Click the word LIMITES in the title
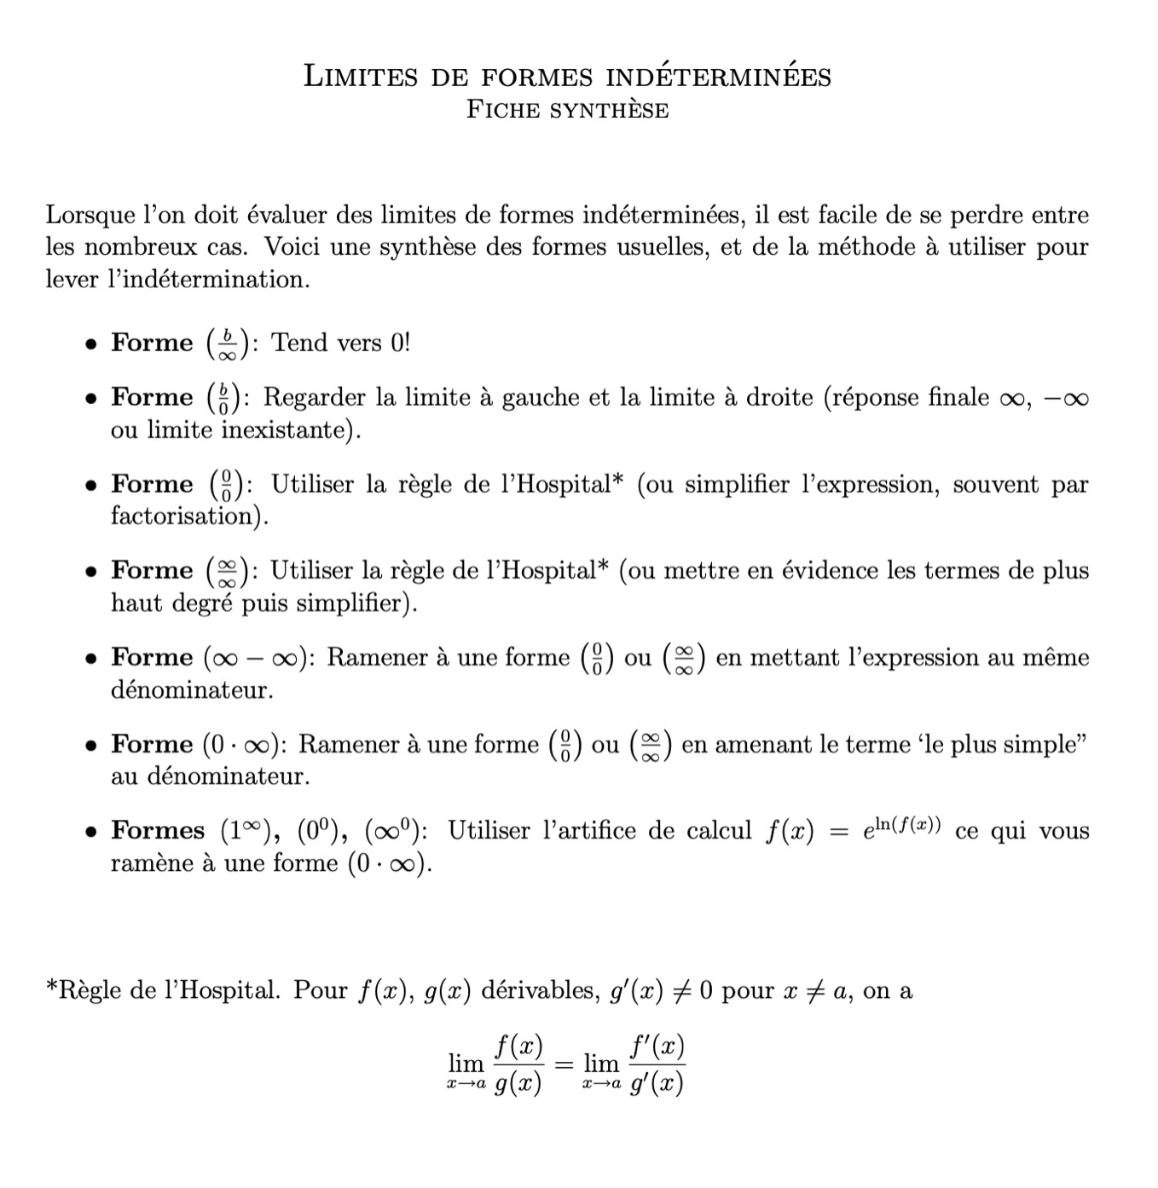361,77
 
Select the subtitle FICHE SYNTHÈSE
567,110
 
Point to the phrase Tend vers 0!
340,343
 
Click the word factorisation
183,516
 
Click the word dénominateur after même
191,689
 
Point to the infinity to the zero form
394,830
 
